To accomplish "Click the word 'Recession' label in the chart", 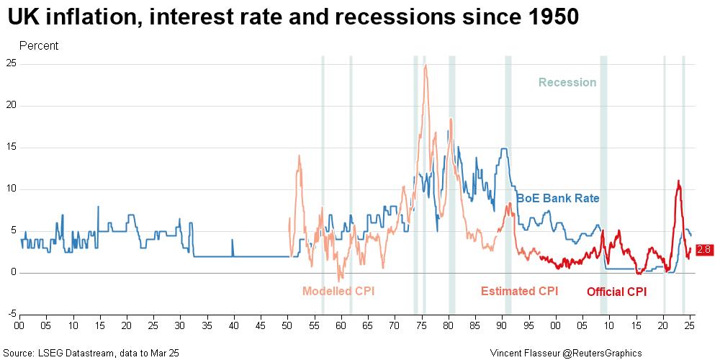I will (x=567, y=82).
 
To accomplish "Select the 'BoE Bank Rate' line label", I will (x=558, y=198).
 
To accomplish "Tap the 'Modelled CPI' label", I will (x=338, y=291).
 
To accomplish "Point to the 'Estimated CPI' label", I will (x=519, y=291).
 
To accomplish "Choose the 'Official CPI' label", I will (x=616, y=292).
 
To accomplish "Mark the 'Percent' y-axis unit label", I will (x=39, y=46).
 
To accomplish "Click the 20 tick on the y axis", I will (x=11, y=105).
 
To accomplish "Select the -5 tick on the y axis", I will (x=11, y=314).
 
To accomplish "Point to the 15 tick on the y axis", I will (x=11, y=147).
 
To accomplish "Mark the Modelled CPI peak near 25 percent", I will (x=426, y=66).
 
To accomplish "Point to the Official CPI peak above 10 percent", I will (x=678, y=181).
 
